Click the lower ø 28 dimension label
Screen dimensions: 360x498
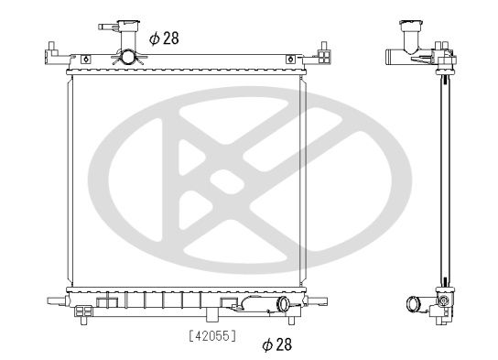[276, 344]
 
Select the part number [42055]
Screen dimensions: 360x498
[211, 336]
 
